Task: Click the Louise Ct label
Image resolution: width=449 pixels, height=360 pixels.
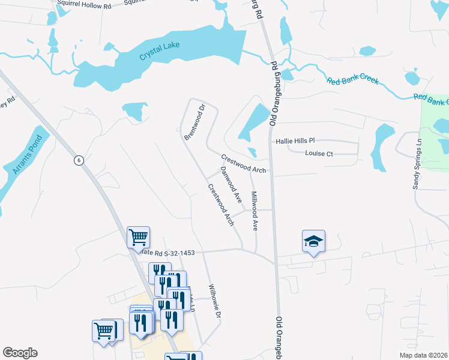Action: [x=319, y=154]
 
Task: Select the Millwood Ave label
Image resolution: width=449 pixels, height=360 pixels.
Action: [x=255, y=211]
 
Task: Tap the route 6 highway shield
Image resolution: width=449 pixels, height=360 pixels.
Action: [x=78, y=160]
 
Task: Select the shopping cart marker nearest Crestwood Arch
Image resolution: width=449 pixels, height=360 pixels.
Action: [x=138, y=236]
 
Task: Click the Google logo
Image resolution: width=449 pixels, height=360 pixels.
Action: [x=20, y=353]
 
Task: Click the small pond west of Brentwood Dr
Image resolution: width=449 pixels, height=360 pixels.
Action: [x=134, y=112]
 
